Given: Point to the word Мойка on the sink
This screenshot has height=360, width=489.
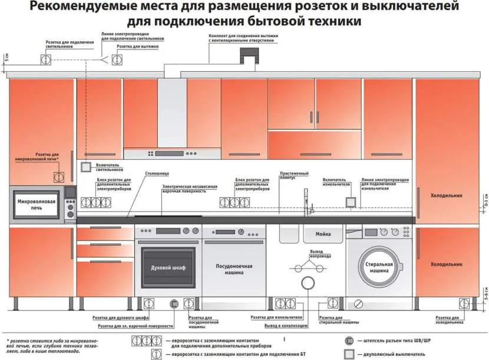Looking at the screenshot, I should click(x=323, y=234).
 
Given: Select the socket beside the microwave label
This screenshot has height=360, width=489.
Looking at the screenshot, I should click(x=59, y=177).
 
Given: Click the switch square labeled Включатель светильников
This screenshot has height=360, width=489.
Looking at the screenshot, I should click(x=85, y=167).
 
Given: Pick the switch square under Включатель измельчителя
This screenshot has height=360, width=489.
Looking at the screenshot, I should click(x=351, y=202).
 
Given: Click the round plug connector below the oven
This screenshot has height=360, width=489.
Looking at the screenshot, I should click(x=174, y=304).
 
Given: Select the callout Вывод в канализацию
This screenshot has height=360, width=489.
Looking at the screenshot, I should click(x=286, y=325).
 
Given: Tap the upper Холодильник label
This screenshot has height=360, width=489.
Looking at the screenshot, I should click(x=447, y=195).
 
